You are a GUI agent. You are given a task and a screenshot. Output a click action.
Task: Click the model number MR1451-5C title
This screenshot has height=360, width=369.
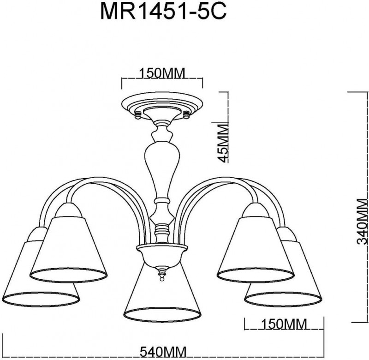click(163, 11)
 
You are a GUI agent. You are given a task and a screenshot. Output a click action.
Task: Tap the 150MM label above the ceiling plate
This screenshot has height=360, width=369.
click(162, 73)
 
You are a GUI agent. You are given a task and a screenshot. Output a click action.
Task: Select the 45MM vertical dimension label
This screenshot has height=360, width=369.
click(223, 143)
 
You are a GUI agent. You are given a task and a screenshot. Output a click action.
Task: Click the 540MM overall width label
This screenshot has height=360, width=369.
click(163, 353)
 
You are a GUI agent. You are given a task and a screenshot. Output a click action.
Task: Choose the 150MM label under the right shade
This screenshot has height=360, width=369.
click(284, 324)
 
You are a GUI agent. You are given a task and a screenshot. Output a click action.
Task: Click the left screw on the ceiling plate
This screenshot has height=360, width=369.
click(137, 115)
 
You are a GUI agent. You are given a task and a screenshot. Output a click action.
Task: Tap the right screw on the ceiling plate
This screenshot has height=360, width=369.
click(186, 115)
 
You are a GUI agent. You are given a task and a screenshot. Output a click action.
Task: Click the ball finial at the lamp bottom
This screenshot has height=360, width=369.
click(162, 279)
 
